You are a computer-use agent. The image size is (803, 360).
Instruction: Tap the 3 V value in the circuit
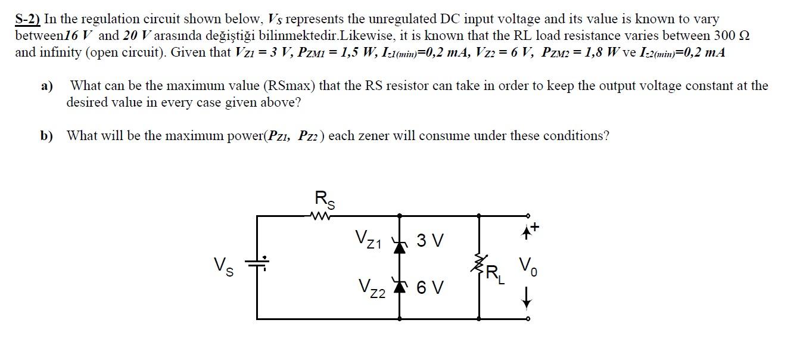coord(429,241)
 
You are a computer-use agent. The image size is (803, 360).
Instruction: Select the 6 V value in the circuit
coord(429,288)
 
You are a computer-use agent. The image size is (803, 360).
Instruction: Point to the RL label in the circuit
coord(495,274)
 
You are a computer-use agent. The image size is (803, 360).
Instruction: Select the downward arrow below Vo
coord(526,299)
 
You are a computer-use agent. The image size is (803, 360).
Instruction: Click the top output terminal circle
coord(527,216)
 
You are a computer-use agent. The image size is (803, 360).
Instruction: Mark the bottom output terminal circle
coord(527,319)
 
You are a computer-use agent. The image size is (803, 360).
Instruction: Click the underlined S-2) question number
coord(27,19)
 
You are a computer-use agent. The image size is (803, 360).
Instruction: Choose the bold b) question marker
coord(46,136)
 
